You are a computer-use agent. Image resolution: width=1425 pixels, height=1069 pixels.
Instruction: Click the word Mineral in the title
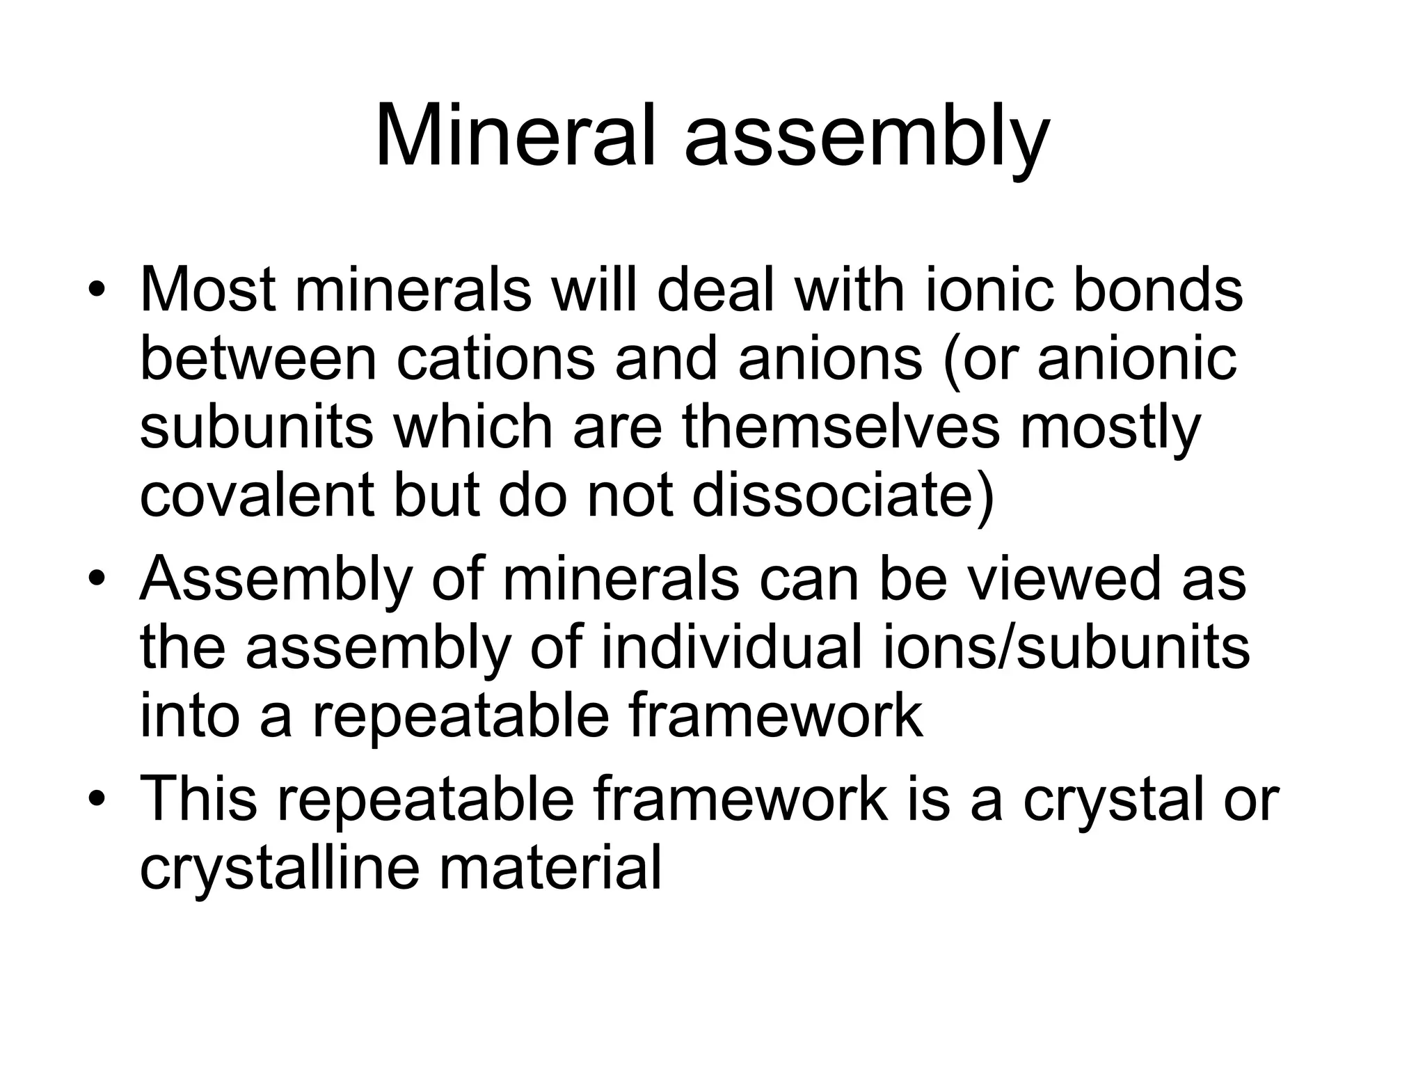(516, 136)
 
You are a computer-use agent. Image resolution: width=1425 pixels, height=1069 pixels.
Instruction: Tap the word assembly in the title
(866, 139)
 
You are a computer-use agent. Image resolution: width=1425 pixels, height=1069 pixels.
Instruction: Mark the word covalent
(261, 496)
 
